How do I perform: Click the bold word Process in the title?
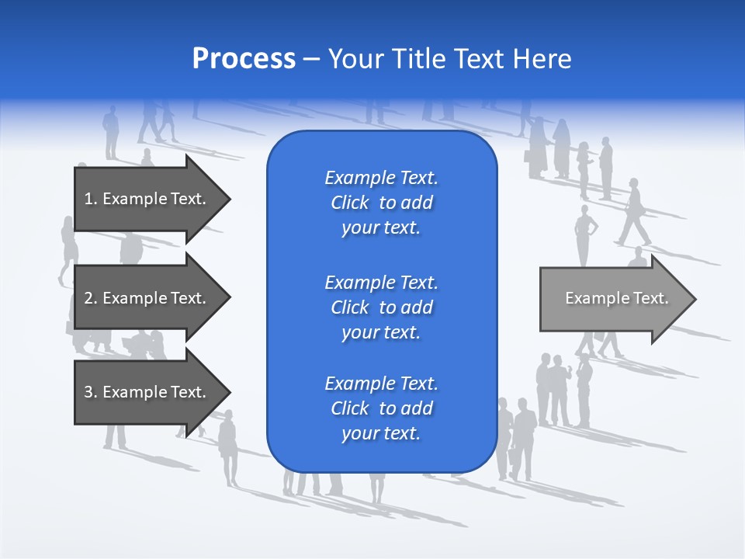[244, 59]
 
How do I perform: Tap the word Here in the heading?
[542, 59]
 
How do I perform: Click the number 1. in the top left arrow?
[91, 199]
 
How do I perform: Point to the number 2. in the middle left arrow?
[91, 298]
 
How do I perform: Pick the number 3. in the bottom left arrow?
[91, 392]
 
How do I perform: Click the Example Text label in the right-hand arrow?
[616, 298]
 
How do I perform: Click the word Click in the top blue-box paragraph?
[349, 203]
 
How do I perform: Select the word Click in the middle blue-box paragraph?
[349, 307]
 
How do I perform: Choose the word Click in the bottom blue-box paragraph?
[349, 408]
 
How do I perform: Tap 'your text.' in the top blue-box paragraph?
[381, 228]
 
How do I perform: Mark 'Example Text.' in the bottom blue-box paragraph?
[381, 384]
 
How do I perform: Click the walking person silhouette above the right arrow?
[634, 212]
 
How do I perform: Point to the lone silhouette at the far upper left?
[112, 132]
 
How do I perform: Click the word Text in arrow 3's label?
[189, 392]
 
